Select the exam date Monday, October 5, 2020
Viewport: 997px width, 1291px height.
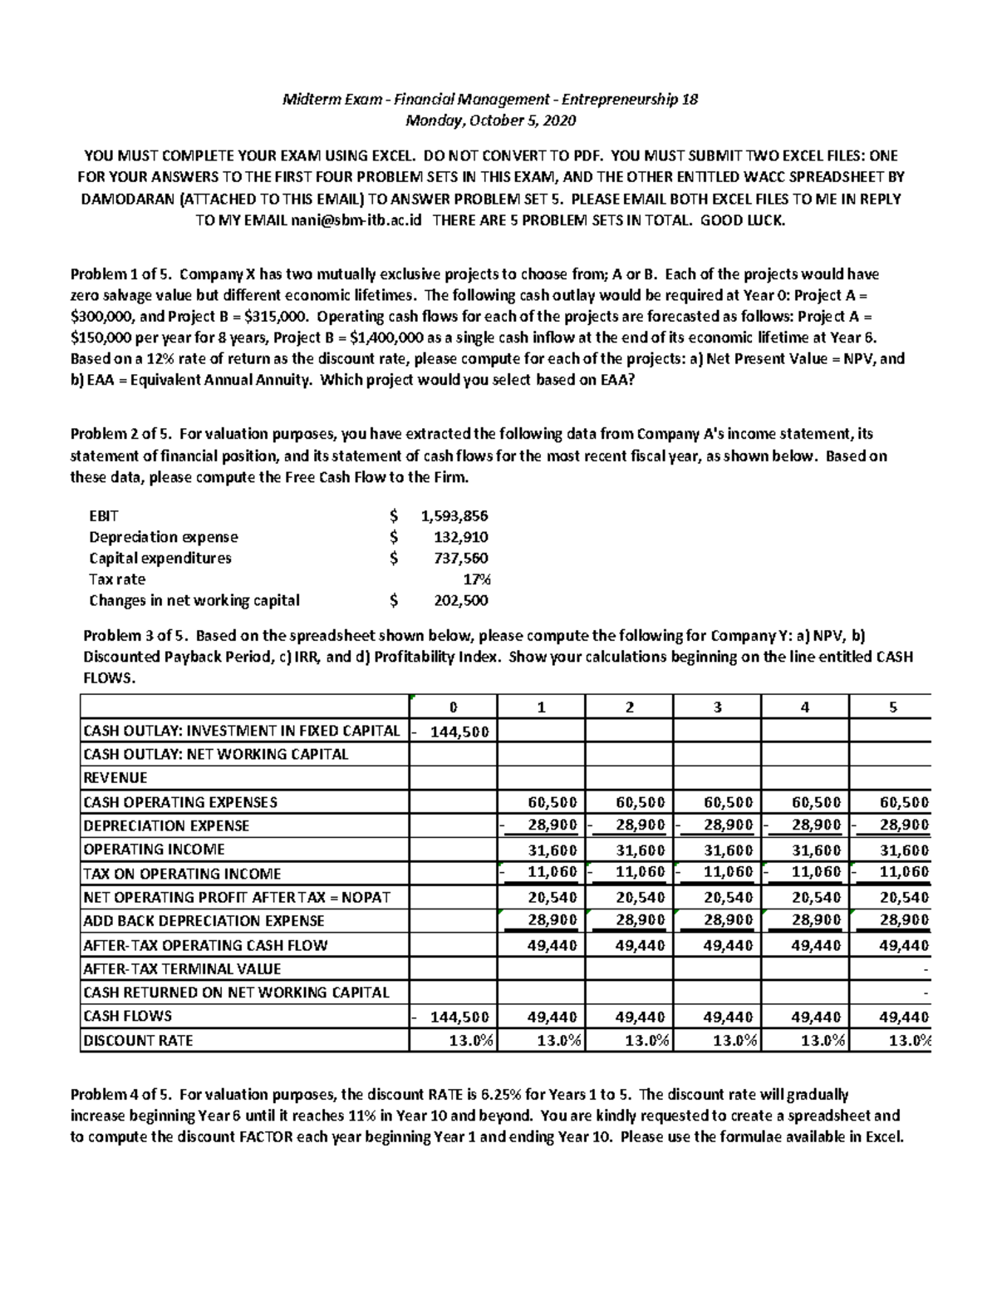[x=490, y=121]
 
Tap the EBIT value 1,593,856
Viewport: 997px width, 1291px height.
[x=454, y=515]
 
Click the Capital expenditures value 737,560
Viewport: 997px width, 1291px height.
[x=461, y=558]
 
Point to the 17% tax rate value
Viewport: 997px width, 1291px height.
[x=477, y=579]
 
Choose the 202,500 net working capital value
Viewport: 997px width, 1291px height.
[x=461, y=600]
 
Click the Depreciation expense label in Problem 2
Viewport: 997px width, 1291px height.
[x=164, y=537]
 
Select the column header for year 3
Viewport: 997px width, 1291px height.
[x=717, y=707]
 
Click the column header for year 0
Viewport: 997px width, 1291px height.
[x=453, y=707]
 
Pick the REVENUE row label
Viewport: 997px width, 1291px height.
[x=115, y=778]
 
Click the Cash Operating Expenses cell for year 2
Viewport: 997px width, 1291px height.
[x=629, y=802]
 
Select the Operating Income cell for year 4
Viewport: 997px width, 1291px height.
[x=805, y=850]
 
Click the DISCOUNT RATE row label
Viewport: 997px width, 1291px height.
[x=138, y=1040]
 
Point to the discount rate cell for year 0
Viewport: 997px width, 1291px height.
[x=453, y=1040]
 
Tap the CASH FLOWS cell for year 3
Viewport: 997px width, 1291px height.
[x=717, y=1016]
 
